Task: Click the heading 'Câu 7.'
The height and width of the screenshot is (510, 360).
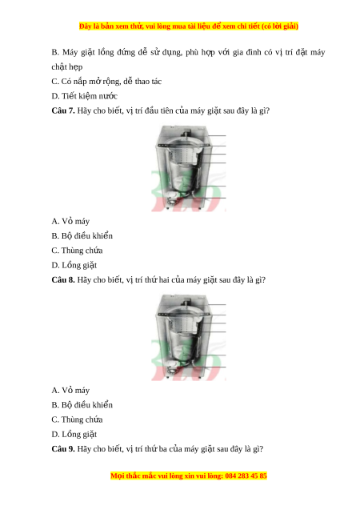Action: click(63, 110)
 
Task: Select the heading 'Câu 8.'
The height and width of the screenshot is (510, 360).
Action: click(63, 279)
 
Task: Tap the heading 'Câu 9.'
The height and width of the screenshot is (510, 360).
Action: click(63, 449)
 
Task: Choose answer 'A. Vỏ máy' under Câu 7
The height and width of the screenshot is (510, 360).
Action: click(70, 221)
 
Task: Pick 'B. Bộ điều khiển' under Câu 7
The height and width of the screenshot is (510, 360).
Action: click(82, 236)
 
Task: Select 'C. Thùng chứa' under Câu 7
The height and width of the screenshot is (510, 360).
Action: click(77, 251)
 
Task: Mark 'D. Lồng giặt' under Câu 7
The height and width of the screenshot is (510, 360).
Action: click(74, 266)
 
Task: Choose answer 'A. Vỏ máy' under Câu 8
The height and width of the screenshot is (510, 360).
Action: click(70, 391)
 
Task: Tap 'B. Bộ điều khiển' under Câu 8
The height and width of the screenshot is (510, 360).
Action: click(82, 405)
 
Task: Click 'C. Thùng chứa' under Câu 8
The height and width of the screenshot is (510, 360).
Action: click(77, 420)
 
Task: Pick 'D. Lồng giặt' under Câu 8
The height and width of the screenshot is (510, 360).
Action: click(74, 435)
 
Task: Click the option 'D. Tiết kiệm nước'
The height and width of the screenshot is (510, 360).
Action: click(85, 96)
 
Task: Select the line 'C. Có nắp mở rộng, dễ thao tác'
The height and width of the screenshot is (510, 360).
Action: click(106, 82)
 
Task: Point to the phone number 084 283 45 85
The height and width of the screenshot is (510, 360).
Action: click(246, 476)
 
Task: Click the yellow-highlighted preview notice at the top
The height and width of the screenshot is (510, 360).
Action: click(189, 26)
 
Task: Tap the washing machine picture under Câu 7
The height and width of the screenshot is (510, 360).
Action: click(189, 168)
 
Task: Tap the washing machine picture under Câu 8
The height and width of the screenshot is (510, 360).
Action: click(189, 337)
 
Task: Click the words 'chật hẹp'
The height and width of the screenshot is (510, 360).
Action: click(67, 67)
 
